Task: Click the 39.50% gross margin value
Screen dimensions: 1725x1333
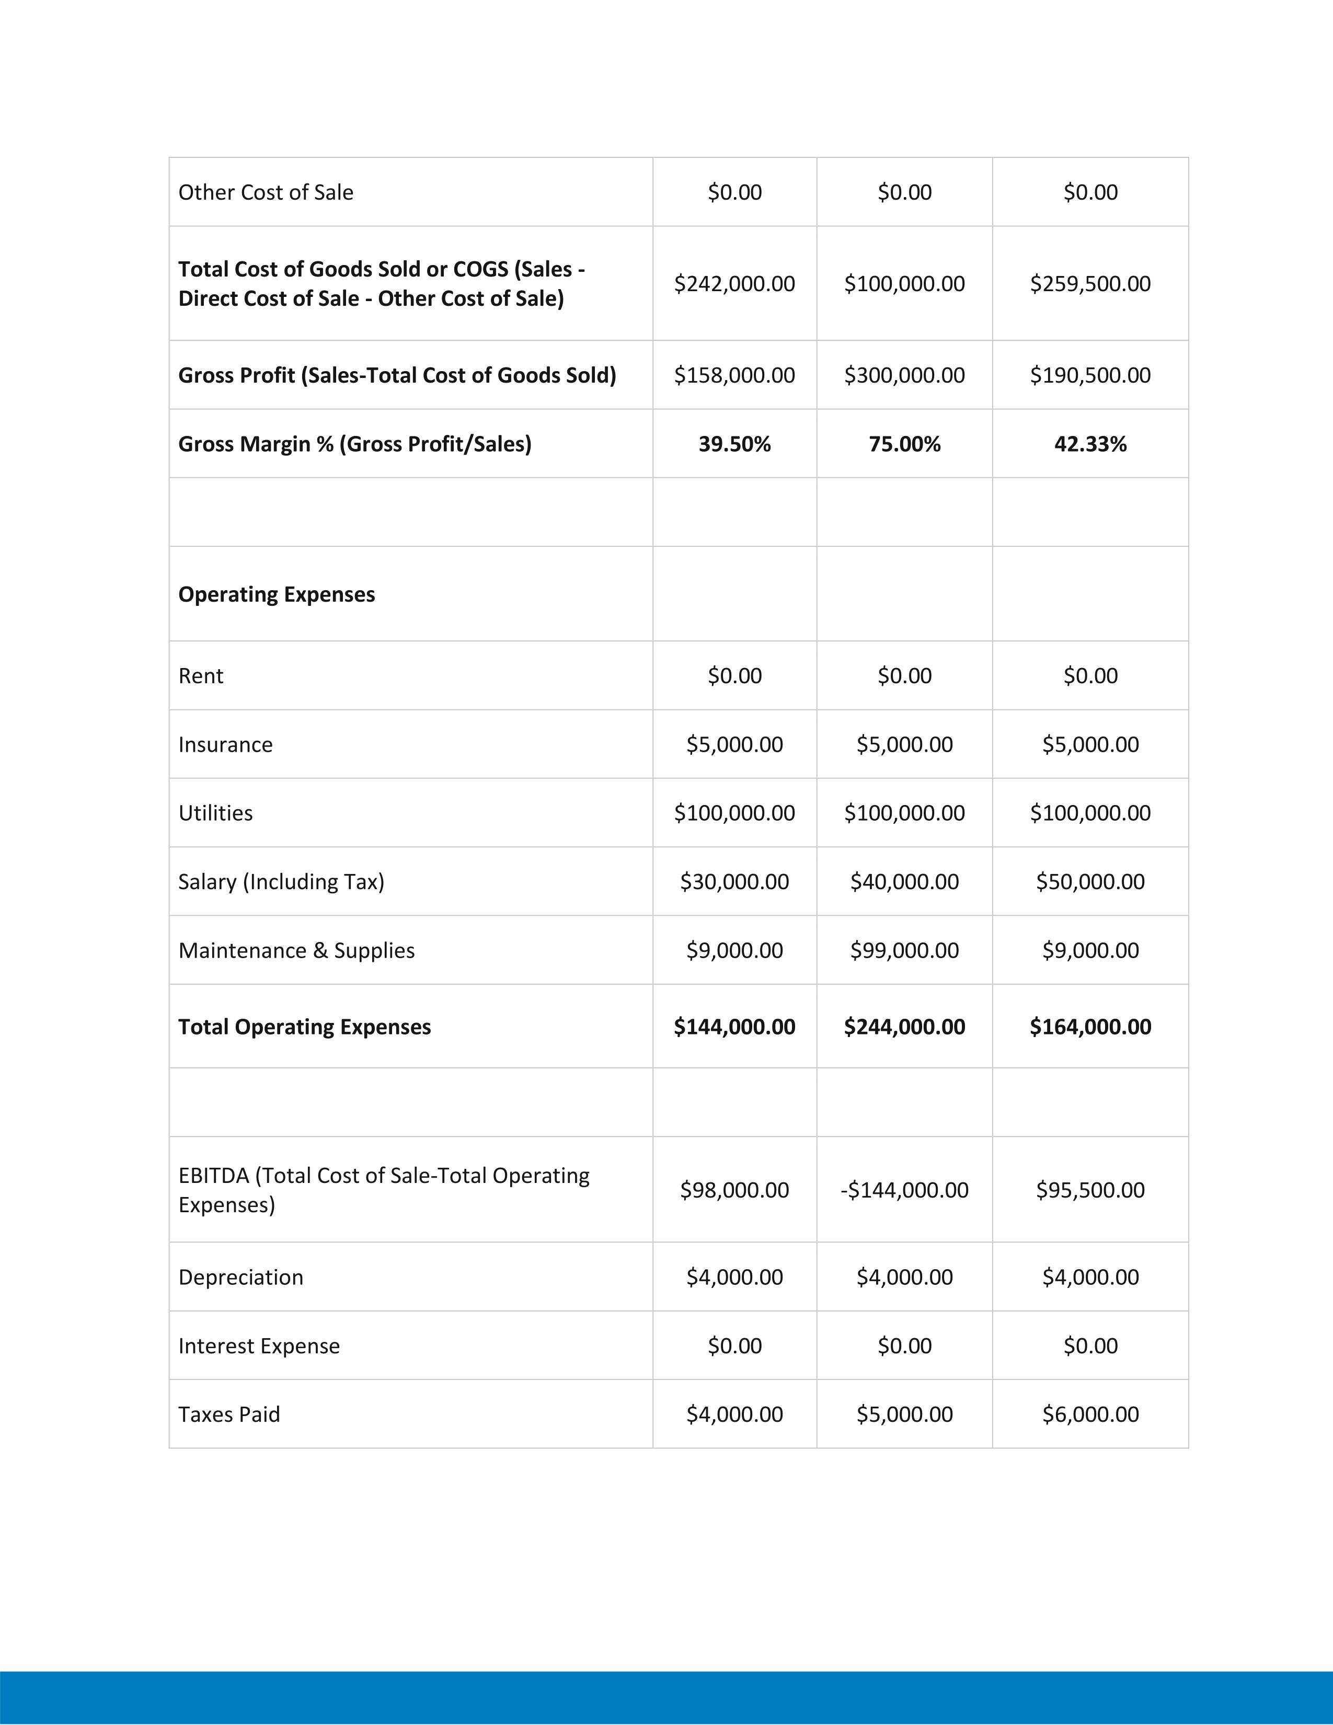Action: pyautogui.click(x=734, y=444)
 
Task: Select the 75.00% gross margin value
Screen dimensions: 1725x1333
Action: pyautogui.click(x=904, y=444)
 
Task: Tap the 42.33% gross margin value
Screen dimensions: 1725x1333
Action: pyautogui.click(x=1090, y=444)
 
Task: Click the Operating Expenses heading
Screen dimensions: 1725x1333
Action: pyautogui.click(x=277, y=594)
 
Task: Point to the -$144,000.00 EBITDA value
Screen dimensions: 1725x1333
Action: pyautogui.click(x=904, y=1190)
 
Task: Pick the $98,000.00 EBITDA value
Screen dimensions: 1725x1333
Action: pyautogui.click(x=734, y=1190)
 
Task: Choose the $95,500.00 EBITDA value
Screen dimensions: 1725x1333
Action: pyautogui.click(x=1090, y=1190)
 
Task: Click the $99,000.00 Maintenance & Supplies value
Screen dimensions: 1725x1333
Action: pyautogui.click(x=904, y=950)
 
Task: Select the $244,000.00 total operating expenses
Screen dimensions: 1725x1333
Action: pyautogui.click(x=904, y=1027)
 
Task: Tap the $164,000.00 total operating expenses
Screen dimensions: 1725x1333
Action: pyautogui.click(x=1090, y=1027)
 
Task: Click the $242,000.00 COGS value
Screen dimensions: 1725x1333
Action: pyautogui.click(x=734, y=283)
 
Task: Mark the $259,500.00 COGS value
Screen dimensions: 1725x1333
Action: pyautogui.click(x=1090, y=283)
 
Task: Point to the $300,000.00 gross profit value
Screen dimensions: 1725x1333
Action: pyautogui.click(x=904, y=375)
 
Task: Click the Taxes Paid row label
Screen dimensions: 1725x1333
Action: pyautogui.click(x=229, y=1414)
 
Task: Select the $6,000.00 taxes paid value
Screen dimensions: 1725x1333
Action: pyautogui.click(x=1090, y=1414)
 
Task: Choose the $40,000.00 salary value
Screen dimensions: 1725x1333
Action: pyautogui.click(x=904, y=881)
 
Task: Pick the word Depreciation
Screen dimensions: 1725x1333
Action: pyautogui.click(x=241, y=1277)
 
